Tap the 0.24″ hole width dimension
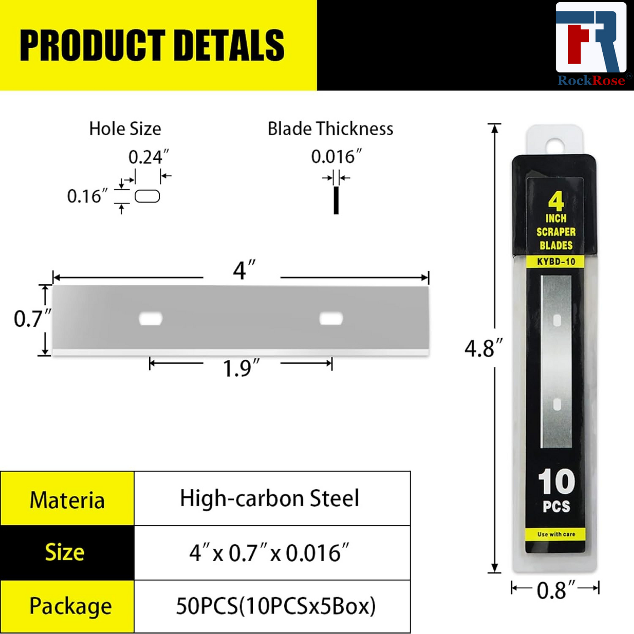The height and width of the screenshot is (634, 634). click(148, 157)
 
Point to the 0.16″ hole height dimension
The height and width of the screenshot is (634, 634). click(87, 196)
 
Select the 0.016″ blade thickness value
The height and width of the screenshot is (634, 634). click(336, 157)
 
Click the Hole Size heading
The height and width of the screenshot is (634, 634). click(125, 129)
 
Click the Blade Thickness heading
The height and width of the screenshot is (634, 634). click(330, 129)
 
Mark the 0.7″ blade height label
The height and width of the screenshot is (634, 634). click(32, 319)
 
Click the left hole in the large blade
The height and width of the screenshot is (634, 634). click(150, 319)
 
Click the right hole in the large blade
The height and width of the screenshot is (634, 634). click(331, 319)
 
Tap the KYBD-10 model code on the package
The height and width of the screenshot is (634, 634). click(556, 262)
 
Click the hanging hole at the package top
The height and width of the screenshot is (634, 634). click(555, 144)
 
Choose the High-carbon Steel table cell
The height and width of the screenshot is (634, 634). click(269, 499)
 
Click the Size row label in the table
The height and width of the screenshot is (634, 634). click(65, 552)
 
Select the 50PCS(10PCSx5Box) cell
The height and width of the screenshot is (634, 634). click(276, 606)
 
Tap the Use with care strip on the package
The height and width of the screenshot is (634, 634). click(556, 534)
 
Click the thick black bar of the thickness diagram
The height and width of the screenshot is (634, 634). click(336, 201)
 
